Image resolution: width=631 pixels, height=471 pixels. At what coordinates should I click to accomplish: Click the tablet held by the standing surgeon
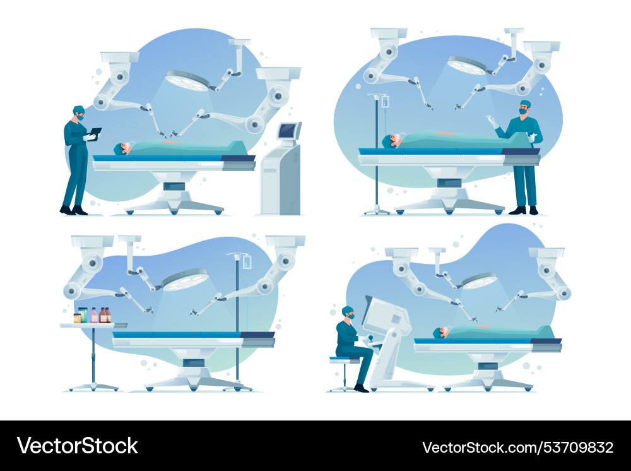coord(95,132)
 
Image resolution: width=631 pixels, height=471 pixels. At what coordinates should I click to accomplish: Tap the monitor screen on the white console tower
coord(288,131)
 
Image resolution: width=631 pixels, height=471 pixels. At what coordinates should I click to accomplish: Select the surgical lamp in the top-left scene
coord(187,80)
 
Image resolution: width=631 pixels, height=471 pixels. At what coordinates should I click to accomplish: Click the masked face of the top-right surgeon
coord(523,110)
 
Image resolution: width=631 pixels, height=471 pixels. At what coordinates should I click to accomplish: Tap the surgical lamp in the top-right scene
coord(468,65)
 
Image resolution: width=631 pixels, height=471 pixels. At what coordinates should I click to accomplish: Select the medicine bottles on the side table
coord(92,315)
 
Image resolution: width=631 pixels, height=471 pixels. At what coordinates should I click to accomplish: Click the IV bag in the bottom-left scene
coord(247,261)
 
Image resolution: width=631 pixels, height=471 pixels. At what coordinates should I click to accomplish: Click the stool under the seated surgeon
coord(345,373)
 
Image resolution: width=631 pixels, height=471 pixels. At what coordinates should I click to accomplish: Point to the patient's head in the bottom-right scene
coord(444,332)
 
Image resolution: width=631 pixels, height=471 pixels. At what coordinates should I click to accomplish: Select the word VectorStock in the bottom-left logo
coord(78,446)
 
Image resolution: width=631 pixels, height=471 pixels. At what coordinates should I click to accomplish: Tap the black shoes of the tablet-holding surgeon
coord(73,210)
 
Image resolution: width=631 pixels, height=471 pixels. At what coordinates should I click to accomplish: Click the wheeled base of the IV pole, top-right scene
coord(377,210)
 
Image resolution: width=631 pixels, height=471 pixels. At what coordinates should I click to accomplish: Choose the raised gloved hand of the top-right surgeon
coord(490,119)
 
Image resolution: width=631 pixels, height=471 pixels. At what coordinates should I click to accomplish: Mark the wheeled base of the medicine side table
coord(93,386)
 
